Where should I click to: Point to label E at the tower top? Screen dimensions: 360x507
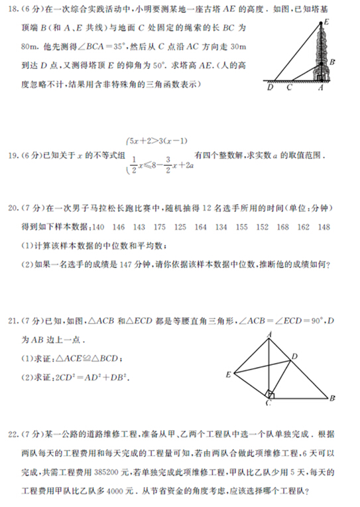point(325,23)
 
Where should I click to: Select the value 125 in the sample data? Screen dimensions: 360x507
point(180,227)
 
